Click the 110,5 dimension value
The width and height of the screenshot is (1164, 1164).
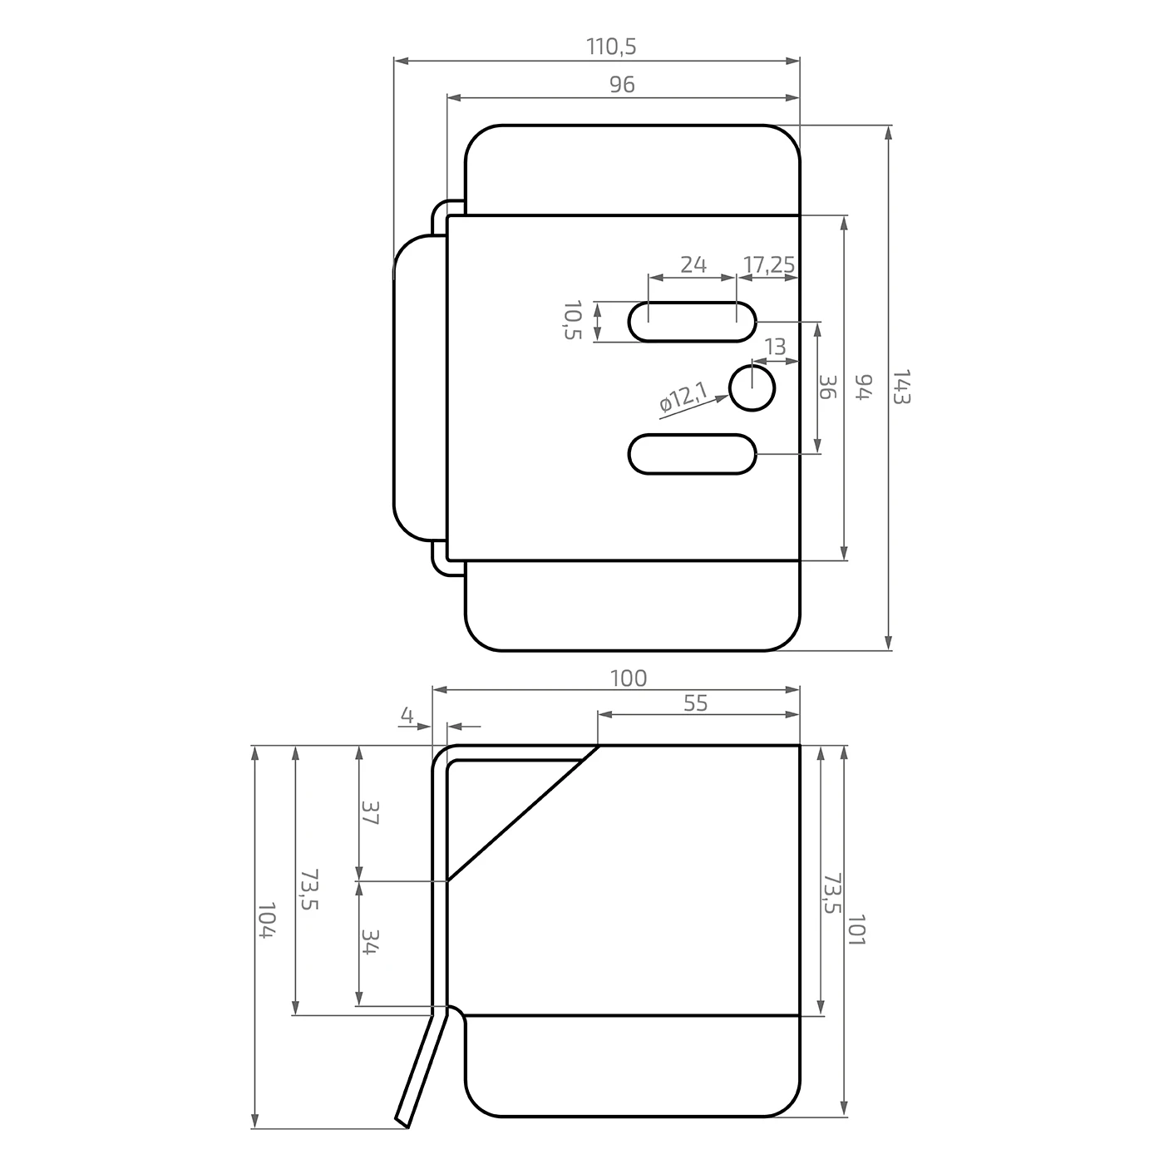click(611, 47)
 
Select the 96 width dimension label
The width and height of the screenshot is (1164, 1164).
click(622, 85)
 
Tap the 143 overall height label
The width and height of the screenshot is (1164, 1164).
click(900, 387)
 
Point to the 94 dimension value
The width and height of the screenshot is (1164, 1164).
click(865, 387)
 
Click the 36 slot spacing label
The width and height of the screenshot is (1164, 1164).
click(827, 387)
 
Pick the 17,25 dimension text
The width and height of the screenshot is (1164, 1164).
click(769, 264)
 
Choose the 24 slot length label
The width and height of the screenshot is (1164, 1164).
click(693, 264)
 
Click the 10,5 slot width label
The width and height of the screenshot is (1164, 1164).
click(572, 320)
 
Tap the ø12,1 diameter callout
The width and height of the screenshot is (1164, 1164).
click(683, 397)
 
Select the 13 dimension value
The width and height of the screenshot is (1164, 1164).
click(775, 347)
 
